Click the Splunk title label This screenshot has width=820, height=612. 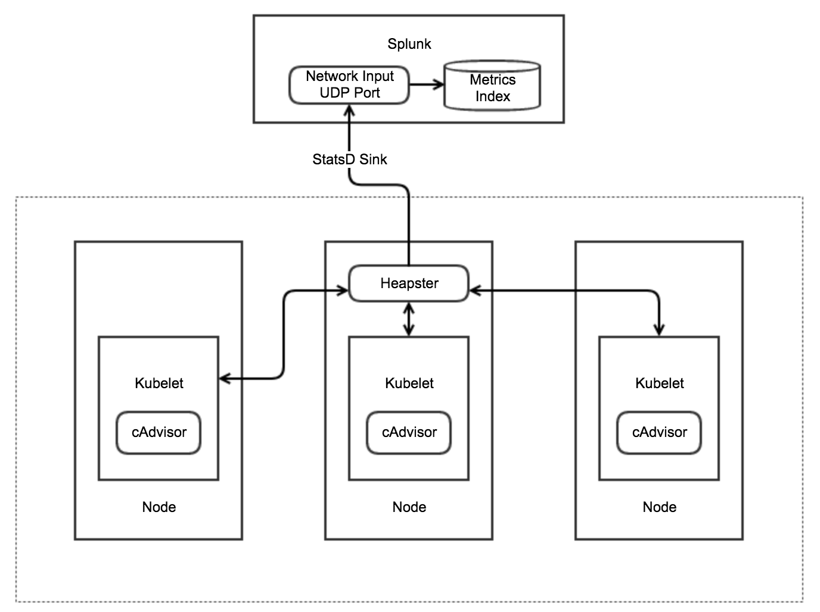coord(409,43)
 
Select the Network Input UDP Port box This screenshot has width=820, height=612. coord(349,85)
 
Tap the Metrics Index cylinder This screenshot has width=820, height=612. coord(492,87)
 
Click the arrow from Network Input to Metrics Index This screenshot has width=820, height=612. coord(427,85)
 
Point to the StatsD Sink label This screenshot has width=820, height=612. coord(349,159)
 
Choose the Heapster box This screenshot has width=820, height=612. coord(409,283)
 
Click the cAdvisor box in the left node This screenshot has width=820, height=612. coord(159,432)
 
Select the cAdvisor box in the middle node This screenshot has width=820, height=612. coord(409,432)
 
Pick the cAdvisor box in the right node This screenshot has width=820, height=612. coord(659,432)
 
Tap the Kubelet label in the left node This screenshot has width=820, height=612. coord(159,383)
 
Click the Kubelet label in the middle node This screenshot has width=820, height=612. coord(409,383)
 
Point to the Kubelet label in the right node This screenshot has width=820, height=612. coord(659,383)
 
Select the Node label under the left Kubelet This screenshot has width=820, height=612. coord(159,507)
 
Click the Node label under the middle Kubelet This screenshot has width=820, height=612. coord(409,507)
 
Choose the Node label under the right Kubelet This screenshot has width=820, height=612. coord(659,507)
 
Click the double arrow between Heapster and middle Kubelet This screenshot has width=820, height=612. coord(409,319)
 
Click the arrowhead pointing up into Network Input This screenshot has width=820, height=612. coord(349,111)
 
